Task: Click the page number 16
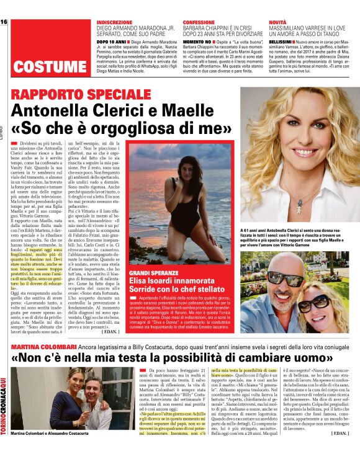pos(4,22)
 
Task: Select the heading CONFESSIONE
pos(199,22)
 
